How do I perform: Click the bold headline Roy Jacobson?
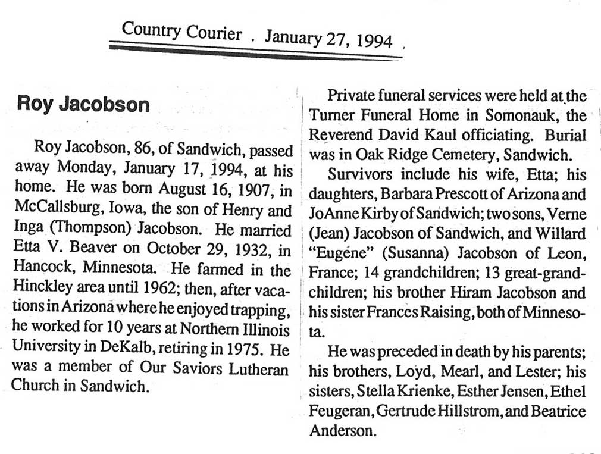tap(83, 104)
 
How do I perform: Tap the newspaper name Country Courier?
tap(181, 31)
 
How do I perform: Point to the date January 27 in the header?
tap(303, 38)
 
